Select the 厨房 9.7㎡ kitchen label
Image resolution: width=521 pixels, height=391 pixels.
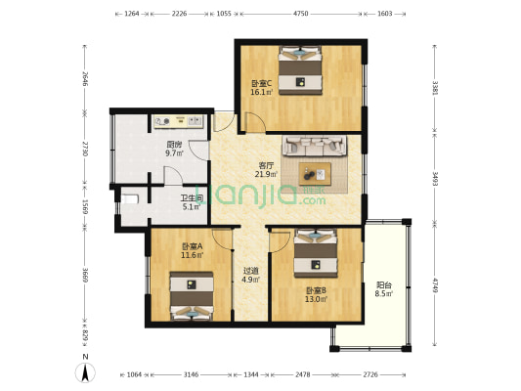174,150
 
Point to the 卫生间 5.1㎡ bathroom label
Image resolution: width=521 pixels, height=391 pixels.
191,202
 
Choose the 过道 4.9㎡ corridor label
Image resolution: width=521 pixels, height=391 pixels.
250,276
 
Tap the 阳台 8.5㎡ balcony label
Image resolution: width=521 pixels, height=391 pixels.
384,289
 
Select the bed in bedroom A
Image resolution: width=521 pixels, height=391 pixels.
192,297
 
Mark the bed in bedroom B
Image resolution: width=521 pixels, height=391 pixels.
314,250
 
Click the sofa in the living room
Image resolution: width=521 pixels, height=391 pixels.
315,147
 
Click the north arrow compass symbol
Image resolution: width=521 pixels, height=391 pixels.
85,370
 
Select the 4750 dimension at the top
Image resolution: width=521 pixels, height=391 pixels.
301,15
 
